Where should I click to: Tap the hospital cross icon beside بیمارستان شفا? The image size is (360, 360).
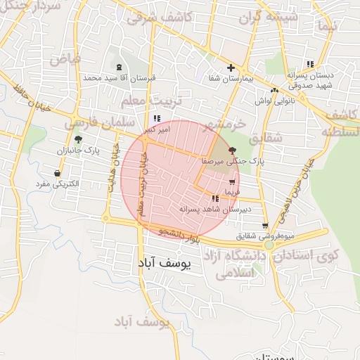pos(231,68)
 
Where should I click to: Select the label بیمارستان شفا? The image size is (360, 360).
pos(230,79)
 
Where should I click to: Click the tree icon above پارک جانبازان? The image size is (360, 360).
pos(78,139)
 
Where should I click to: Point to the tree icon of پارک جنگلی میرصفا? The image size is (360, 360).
pos(233,150)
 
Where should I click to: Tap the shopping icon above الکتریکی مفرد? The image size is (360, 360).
pos(57,173)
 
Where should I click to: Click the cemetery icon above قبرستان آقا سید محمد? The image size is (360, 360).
pos(118,68)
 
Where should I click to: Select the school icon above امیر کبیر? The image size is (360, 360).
pos(157,119)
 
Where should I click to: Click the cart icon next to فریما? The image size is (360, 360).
pos(232,182)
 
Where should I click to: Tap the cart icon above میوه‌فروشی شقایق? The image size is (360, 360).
pos(264,226)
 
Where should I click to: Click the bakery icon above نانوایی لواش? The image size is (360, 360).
pos(274,91)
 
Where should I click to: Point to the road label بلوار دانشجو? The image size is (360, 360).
pos(180,236)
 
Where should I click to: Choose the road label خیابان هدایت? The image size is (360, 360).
pos(111,172)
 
